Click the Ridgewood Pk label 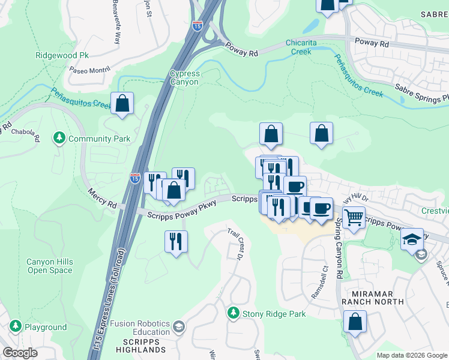[x=62, y=55]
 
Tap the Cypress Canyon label [x=184, y=77]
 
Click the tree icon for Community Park [x=59, y=139]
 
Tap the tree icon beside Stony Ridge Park [x=233, y=313]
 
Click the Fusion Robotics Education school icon [x=178, y=327]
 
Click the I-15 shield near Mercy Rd [x=136, y=178]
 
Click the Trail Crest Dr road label [x=234, y=244]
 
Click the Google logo [x=20, y=353]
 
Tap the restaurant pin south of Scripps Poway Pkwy [x=176, y=241]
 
